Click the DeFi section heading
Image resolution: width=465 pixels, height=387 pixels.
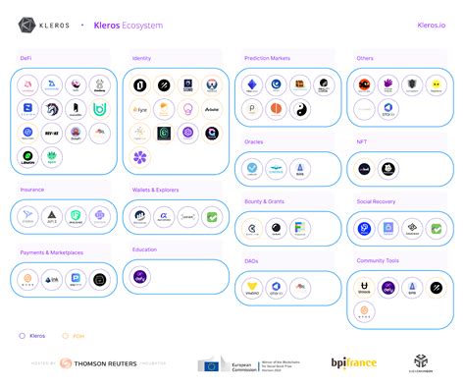coord(26,59)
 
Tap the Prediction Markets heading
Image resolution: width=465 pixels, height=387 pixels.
coord(267,59)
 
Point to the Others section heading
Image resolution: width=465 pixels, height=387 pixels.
coord(365,59)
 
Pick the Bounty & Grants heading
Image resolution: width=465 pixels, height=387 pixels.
coord(265,202)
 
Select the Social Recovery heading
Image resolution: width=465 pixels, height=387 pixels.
coord(378,202)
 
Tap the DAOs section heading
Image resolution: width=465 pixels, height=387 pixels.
coord(251,261)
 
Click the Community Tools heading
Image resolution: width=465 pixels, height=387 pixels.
coord(379,261)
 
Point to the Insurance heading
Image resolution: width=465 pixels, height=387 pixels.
coord(32,190)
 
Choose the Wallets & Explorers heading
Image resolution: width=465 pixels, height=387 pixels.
coord(156,190)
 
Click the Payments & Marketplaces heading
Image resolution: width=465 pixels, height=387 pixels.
coord(52,252)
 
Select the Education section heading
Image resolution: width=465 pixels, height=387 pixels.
coord(144,249)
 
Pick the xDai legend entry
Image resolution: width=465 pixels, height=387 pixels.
coord(75,335)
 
